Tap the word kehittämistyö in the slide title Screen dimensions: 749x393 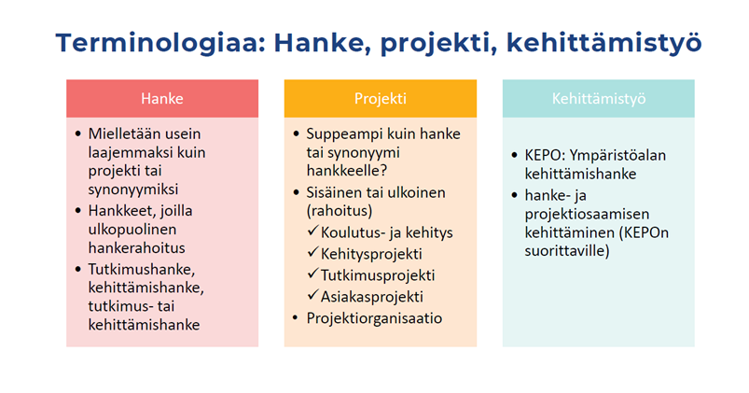603,44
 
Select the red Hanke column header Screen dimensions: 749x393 162,99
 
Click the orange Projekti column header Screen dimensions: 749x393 381,99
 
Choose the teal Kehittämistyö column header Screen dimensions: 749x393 599,99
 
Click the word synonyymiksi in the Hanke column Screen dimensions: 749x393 133,189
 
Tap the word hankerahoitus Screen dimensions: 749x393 136,247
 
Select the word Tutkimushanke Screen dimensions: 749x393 142,270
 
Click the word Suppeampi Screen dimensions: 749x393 340,134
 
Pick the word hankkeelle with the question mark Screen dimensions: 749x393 347,171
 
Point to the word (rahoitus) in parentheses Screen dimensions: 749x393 340,211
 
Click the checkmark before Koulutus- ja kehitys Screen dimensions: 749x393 312,232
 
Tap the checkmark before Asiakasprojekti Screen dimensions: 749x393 312,296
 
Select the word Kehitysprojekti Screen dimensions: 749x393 371,254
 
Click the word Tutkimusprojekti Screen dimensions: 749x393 378,275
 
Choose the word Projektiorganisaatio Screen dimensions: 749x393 375,318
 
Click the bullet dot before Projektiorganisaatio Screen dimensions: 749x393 296,318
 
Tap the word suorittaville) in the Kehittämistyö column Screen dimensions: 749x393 567,251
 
